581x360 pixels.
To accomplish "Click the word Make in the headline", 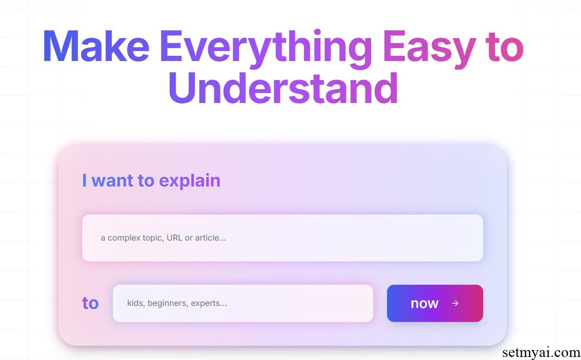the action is [96, 46].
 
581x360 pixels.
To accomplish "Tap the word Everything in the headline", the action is [266, 49].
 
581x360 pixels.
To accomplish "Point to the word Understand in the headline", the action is [283, 88].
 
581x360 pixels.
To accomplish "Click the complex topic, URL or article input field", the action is [282, 238].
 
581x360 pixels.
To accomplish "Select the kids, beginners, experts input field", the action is [243, 303].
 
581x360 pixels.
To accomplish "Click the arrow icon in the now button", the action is [455, 303].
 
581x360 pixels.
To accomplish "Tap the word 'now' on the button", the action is [425, 303].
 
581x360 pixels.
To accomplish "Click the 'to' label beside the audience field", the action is [90, 303].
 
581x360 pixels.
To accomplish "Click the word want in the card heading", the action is [112, 180].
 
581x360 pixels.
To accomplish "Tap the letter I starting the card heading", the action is [84, 180].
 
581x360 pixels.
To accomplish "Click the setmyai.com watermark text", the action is [541, 353].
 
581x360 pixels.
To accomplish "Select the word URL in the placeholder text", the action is [174, 238].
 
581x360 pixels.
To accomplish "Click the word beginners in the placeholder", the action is [168, 303].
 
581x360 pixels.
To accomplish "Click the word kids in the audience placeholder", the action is [136, 303].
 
